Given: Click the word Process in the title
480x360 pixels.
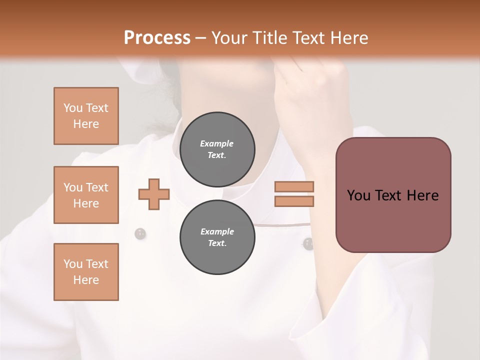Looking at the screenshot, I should (157, 38).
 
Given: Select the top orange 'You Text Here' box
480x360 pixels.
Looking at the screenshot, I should (86, 116).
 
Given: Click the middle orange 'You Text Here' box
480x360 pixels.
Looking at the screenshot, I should (86, 195).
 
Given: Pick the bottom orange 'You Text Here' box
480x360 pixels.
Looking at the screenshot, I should (86, 272).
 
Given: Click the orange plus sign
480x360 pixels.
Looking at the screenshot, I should (154, 193).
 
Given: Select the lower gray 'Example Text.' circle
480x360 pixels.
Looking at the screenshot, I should (217, 237).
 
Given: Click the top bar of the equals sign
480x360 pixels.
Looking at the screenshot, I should (294, 186).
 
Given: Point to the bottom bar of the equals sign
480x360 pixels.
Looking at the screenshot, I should (294, 201).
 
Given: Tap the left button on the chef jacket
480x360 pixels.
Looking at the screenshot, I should (140, 233).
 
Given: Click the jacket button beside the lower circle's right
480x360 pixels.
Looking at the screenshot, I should (308, 243).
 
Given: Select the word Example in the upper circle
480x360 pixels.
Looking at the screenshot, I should (217, 144).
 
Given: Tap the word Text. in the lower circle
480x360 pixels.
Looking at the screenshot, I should (217, 243).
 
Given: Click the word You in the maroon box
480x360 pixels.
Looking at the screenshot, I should (359, 195).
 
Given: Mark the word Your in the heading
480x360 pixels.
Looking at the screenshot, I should (230, 38).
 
